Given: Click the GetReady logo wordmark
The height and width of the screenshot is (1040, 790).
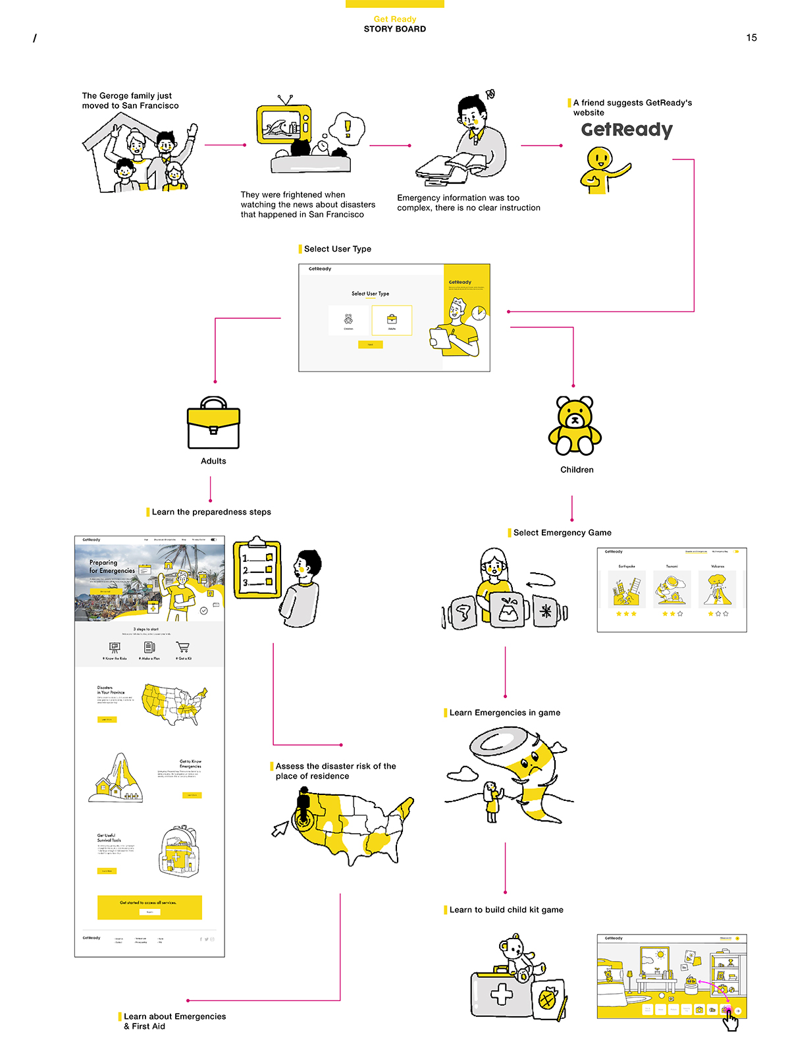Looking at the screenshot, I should pyautogui.click(x=627, y=130).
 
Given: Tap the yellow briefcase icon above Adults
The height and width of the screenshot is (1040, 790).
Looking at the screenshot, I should pyautogui.click(x=213, y=424).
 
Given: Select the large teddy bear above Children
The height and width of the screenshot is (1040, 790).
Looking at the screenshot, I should pyautogui.click(x=575, y=426).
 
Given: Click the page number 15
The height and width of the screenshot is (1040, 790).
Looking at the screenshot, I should pyautogui.click(x=751, y=38).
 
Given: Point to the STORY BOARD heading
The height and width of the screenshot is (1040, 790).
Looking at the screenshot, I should pyautogui.click(x=395, y=29).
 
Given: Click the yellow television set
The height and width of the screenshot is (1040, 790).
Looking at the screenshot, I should pyautogui.click(x=283, y=123).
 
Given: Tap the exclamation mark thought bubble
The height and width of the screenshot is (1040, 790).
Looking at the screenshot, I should pyautogui.click(x=347, y=128).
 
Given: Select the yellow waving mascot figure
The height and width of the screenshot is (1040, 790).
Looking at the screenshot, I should pyautogui.click(x=601, y=169).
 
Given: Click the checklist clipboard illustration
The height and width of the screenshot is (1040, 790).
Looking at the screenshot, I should pyautogui.click(x=257, y=569).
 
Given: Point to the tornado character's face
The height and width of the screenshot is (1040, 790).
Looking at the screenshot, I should pyautogui.click(x=530, y=765).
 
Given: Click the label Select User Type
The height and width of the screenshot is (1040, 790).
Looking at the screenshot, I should pyautogui.click(x=337, y=249).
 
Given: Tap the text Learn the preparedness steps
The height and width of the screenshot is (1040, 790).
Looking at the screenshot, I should pyautogui.click(x=211, y=512).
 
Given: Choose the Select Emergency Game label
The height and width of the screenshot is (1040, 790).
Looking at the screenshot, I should pyautogui.click(x=562, y=533).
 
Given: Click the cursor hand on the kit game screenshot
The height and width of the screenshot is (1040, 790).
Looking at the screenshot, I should pyautogui.click(x=730, y=1020).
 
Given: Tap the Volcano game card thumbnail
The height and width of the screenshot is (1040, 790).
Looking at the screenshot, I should pyautogui.click(x=718, y=589).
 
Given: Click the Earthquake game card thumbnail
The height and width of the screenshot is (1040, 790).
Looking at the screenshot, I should pyautogui.click(x=626, y=589).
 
